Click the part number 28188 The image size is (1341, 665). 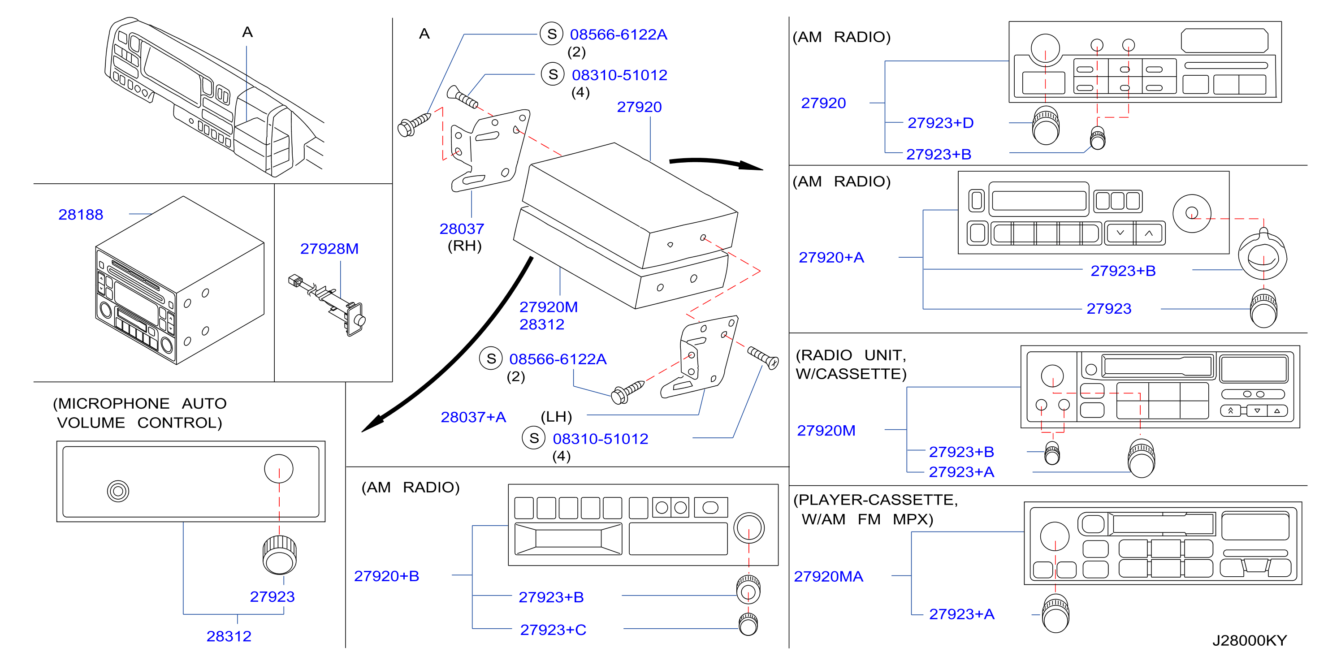click(x=81, y=214)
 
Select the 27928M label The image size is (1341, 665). click(x=329, y=249)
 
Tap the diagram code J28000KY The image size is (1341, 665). click(x=1250, y=640)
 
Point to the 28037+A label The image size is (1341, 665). click(x=473, y=417)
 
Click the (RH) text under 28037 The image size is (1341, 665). click(x=464, y=246)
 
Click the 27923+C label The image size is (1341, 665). click(x=553, y=630)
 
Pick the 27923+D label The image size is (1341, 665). click(x=940, y=123)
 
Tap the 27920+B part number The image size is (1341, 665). click(x=386, y=576)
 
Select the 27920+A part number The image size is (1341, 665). click(x=831, y=257)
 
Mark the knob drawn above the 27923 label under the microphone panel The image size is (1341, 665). click(x=280, y=555)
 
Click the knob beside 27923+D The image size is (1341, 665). click(x=1045, y=125)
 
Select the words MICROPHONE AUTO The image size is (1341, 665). click(x=139, y=403)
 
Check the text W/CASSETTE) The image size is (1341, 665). click(x=851, y=374)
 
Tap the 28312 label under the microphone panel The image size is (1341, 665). click(x=229, y=636)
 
